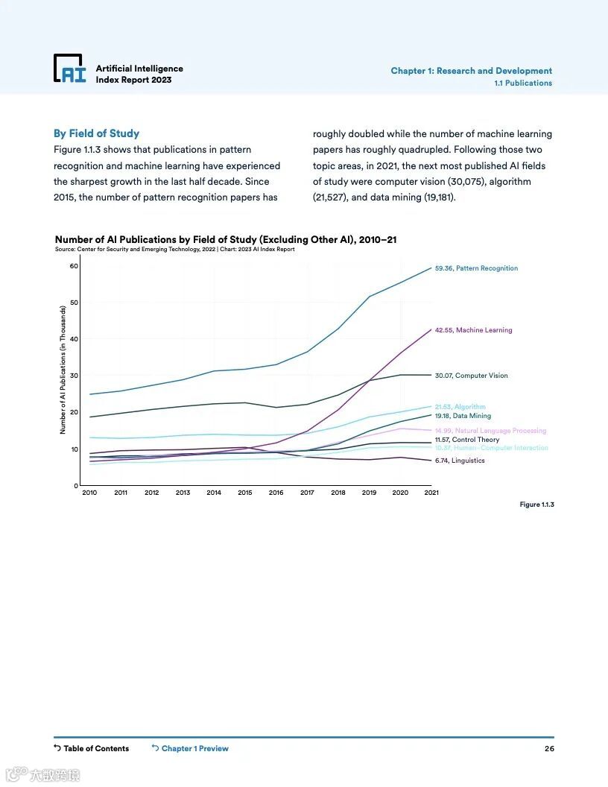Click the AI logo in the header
[70, 69]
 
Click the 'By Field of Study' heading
[96, 133]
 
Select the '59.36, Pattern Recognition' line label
[476, 268]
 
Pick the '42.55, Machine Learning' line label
[473, 330]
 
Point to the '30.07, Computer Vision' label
[471, 376]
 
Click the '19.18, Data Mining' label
[463, 416]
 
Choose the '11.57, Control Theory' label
[467, 440]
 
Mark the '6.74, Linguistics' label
[460, 461]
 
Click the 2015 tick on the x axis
[245, 493]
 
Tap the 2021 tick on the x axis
[431, 493]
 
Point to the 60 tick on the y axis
[74, 266]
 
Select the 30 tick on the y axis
[74, 376]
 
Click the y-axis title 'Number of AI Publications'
[63, 370]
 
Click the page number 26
[548, 748]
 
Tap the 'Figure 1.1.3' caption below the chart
[536, 505]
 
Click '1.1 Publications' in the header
[523, 83]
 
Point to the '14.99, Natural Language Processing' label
[490, 431]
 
